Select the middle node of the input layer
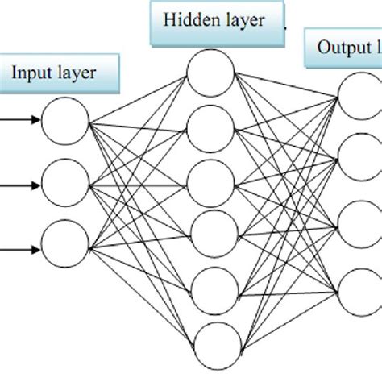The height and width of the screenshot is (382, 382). click(x=65, y=183)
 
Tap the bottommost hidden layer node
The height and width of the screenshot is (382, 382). click(x=210, y=342)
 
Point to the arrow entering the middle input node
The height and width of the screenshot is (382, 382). click(x=19, y=184)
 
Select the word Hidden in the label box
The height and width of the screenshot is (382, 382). click(x=188, y=21)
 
